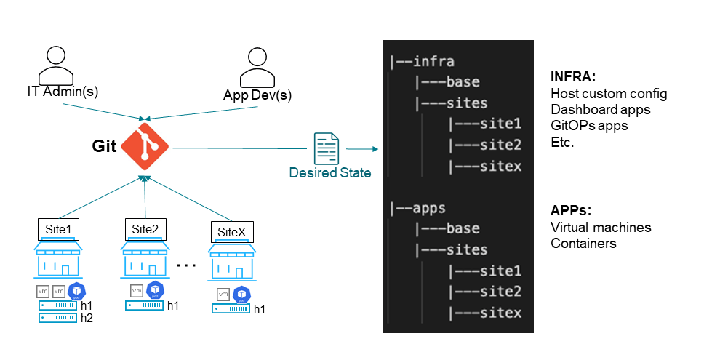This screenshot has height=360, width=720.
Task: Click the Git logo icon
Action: coord(145,148)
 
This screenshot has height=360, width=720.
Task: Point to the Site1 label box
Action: coord(58,230)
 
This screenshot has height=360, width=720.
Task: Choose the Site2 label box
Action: coord(145,230)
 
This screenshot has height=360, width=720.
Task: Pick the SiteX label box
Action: coord(232,233)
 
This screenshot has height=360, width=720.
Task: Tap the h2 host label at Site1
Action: coord(87,318)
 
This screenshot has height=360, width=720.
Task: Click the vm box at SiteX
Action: coord(223,295)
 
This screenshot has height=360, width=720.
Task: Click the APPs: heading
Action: coord(571,211)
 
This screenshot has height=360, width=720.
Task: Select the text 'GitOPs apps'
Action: coord(589,126)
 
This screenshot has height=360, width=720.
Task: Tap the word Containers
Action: coord(583,244)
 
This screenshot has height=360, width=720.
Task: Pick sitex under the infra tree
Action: coord(500,167)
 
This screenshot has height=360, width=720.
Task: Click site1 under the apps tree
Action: coord(500,271)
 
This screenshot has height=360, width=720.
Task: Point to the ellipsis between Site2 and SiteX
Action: coord(187,265)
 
